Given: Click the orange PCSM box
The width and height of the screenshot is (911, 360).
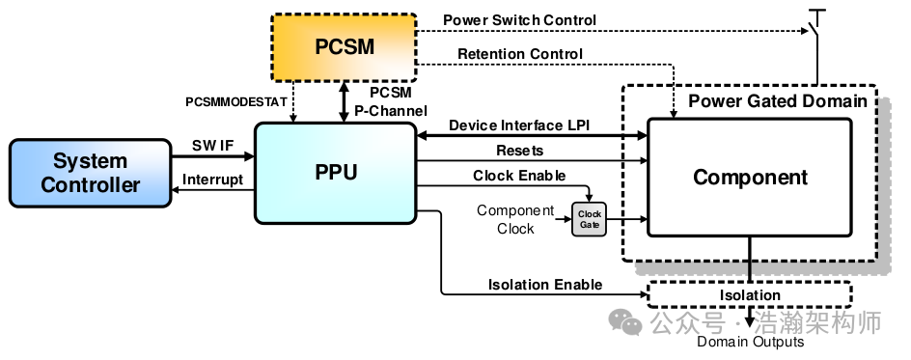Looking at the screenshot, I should coord(345,47).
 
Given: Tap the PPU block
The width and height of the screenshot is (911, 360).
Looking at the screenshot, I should coord(336,174).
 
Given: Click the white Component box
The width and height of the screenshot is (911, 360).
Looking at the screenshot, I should coord(750,178).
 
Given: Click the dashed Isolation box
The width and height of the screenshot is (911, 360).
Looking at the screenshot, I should coord(750,294).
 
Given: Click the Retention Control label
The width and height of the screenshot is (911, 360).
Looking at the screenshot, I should coord(519,53).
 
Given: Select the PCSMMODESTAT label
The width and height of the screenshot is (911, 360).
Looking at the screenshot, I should coord(235,101).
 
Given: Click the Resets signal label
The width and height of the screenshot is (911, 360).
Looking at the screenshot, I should coord(519,151).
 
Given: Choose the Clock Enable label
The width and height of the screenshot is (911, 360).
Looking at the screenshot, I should coord(518,176).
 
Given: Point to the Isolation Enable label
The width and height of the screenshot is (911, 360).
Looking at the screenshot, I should coord(545,284).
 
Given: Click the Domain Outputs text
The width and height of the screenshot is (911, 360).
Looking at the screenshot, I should coord(750,342).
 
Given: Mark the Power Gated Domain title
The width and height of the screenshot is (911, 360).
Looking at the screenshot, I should coord(777,100).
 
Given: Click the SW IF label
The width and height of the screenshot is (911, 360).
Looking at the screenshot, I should coord(212,145).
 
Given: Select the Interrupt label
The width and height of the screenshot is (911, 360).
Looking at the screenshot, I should coord(212,180).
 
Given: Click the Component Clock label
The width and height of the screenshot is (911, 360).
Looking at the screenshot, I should coord(515,219).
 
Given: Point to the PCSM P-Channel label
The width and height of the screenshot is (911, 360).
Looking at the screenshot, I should coord(392,101).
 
